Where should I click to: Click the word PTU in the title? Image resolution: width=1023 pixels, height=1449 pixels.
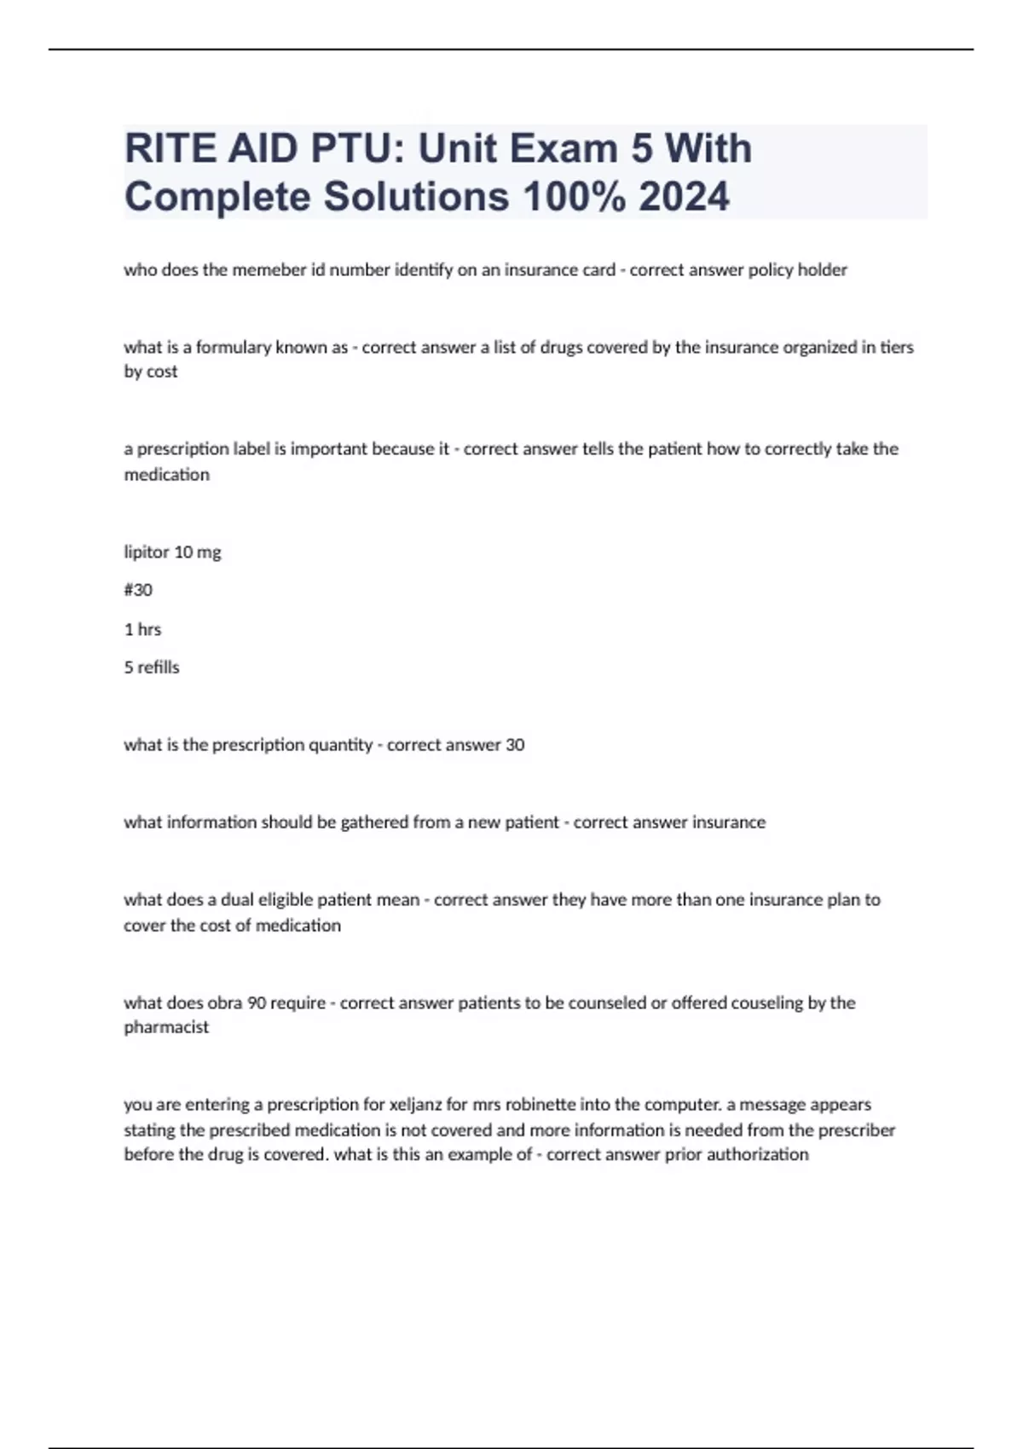[350, 148]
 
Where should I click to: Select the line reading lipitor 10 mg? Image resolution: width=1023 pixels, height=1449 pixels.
[172, 552]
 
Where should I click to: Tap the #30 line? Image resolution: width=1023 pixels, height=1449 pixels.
[138, 590]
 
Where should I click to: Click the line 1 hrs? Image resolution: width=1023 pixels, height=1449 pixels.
[142, 630]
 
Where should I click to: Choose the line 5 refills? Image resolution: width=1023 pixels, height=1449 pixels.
[152, 667]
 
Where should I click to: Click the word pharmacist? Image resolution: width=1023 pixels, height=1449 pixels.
[166, 1028]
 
